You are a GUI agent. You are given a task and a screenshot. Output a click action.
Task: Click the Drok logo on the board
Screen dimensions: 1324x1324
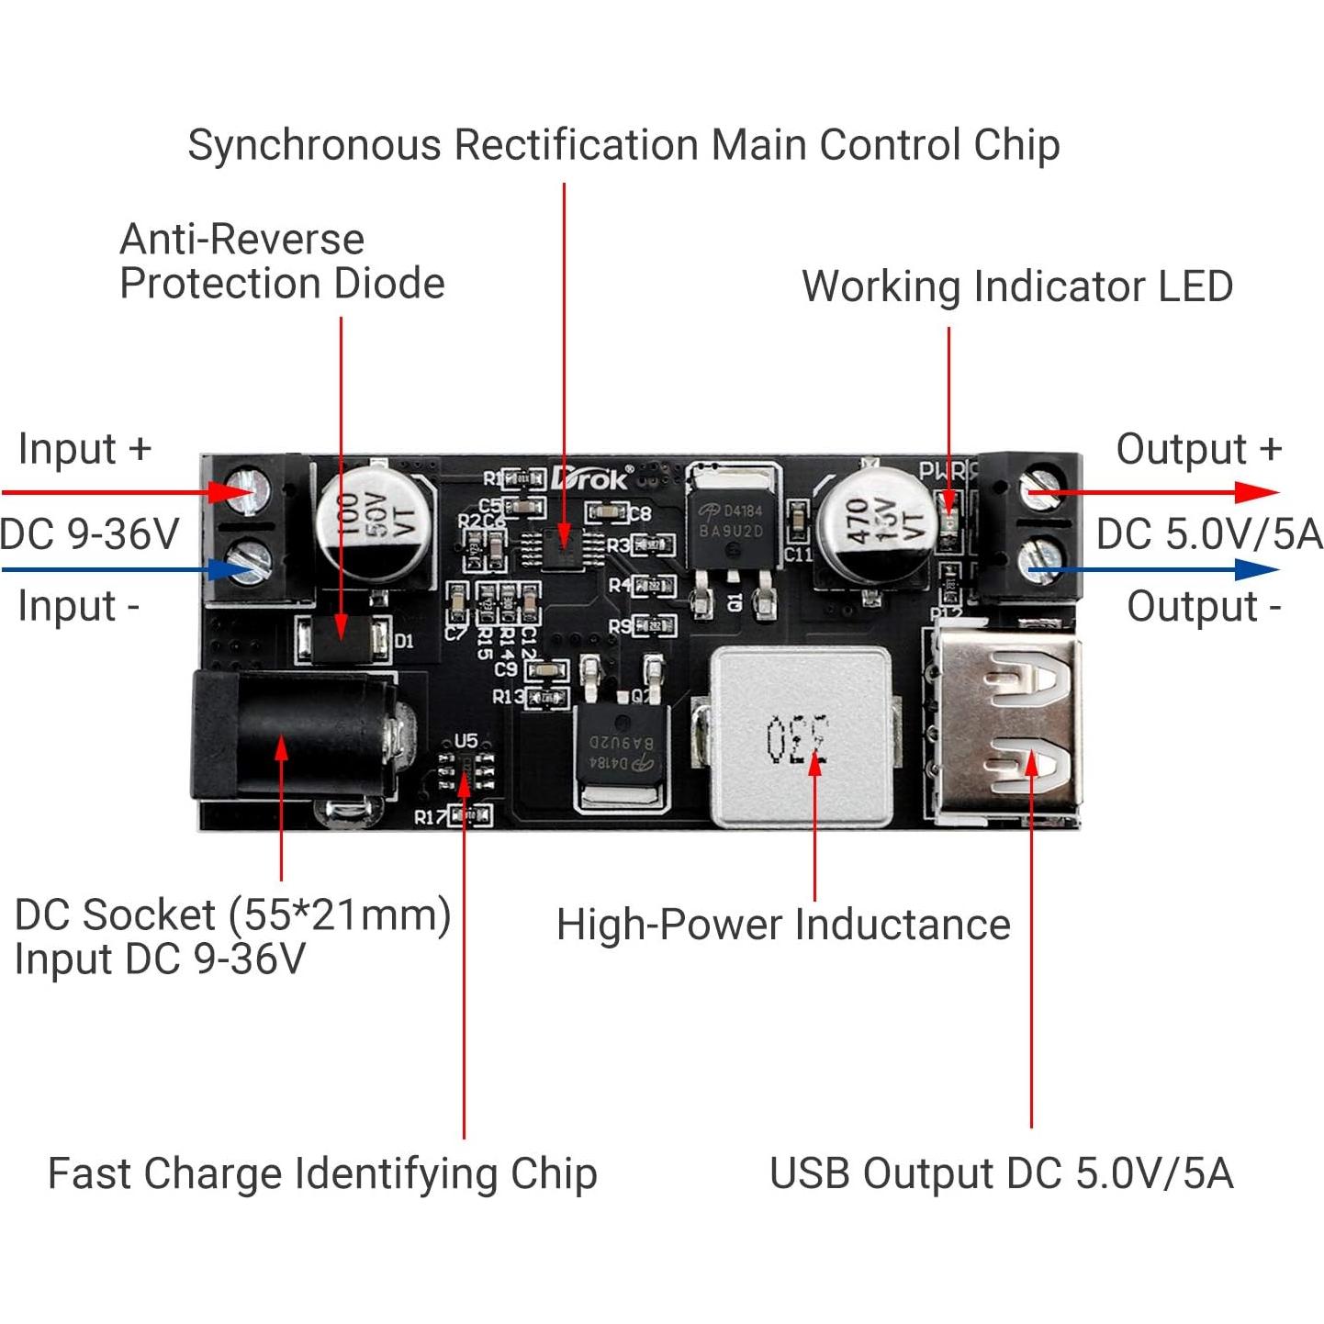592,477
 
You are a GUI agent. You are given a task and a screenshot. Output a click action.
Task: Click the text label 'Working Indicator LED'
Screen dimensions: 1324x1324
1016,286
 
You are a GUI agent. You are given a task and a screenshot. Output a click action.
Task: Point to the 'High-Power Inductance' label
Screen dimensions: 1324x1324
783,925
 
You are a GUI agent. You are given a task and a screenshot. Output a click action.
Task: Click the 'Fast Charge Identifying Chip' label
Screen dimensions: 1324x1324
322,1173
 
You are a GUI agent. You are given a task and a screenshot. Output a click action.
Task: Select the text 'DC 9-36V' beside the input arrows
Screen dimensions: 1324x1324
89,533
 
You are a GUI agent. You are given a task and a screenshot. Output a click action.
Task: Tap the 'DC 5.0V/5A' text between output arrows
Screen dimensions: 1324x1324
1208,533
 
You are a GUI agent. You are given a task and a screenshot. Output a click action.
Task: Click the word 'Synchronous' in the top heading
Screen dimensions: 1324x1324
314,145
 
